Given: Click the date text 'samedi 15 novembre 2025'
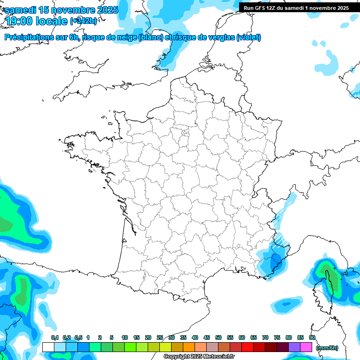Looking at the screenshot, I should [x=61, y=10].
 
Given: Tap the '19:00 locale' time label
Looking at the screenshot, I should [x=37, y=21].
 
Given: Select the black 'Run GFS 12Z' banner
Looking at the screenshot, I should [x=296, y=7].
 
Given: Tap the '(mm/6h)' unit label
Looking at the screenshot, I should [x=327, y=347].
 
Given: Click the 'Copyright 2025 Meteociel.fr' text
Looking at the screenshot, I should [x=199, y=357].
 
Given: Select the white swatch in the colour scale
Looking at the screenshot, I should [x=48, y=347].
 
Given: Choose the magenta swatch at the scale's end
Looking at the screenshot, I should [x=306, y=347].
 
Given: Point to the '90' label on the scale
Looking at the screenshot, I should [x=312, y=337].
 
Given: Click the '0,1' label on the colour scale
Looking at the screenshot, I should [x=54, y=337].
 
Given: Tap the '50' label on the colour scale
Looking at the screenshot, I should [x=218, y=337].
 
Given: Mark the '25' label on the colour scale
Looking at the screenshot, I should [x=160, y=337].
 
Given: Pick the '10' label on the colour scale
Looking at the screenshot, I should [x=125, y=337].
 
